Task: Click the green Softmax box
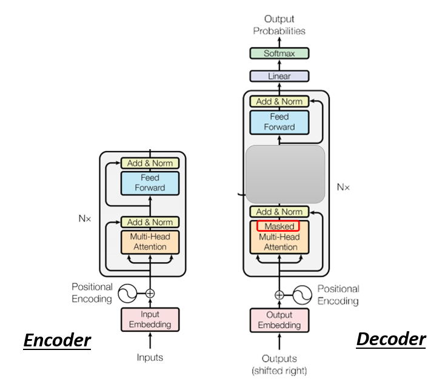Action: click(x=280, y=53)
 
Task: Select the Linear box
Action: click(x=280, y=76)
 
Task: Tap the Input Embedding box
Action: click(x=150, y=319)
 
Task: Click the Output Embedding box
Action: click(x=280, y=320)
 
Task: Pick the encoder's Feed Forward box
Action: click(x=150, y=183)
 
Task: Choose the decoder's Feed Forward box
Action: click(x=280, y=122)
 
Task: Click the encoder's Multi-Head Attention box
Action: click(x=150, y=242)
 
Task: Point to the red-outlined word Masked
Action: click(x=278, y=226)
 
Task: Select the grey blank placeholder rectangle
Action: click(x=286, y=174)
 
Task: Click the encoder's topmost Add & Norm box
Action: click(x=150, y=163)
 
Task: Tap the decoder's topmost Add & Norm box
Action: click(x=280, y=101)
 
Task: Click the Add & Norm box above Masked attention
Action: click(x=280, y=212)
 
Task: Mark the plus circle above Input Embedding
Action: click(x=150, y=294)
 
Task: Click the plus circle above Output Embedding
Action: click(x=280, y=295)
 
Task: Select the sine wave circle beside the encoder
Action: click(x=127, y=294)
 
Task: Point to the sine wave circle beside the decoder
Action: click(x=302, y=295)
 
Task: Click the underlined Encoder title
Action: click(x=57, y=341)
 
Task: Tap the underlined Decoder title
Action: click(x=391, y=340)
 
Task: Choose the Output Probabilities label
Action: click(x=279, y=25)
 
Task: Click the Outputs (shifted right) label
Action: click(x=280, y=365)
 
